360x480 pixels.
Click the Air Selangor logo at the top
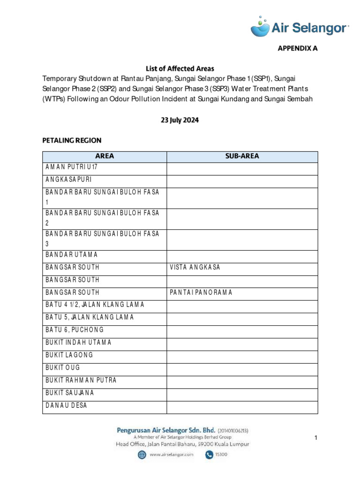pos(300,27)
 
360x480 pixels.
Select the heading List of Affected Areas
pos(180,68)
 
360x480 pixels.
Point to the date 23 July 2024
pos(180,120)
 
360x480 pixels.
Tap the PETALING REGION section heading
pos(72,140)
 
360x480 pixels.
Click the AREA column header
pos(105,157)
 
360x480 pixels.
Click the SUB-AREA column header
pos(242,157)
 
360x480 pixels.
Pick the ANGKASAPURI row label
pos(69,180)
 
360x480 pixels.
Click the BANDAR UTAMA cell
pos(72,255)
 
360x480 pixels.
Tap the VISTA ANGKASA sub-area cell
pos(195,267)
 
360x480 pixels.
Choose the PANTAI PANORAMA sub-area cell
pos(202,292)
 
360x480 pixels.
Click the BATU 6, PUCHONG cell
pos(75,330)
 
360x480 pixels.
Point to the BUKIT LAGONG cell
pos(69,355)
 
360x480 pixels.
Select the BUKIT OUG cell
pos(63,367)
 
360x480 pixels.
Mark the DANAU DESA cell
pos(67,405)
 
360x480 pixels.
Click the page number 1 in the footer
pos(316,438)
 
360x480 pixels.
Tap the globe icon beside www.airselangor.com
pos(142,455)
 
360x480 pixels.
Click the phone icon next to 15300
pos(207,455)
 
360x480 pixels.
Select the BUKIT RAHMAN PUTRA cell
pos(81,380)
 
